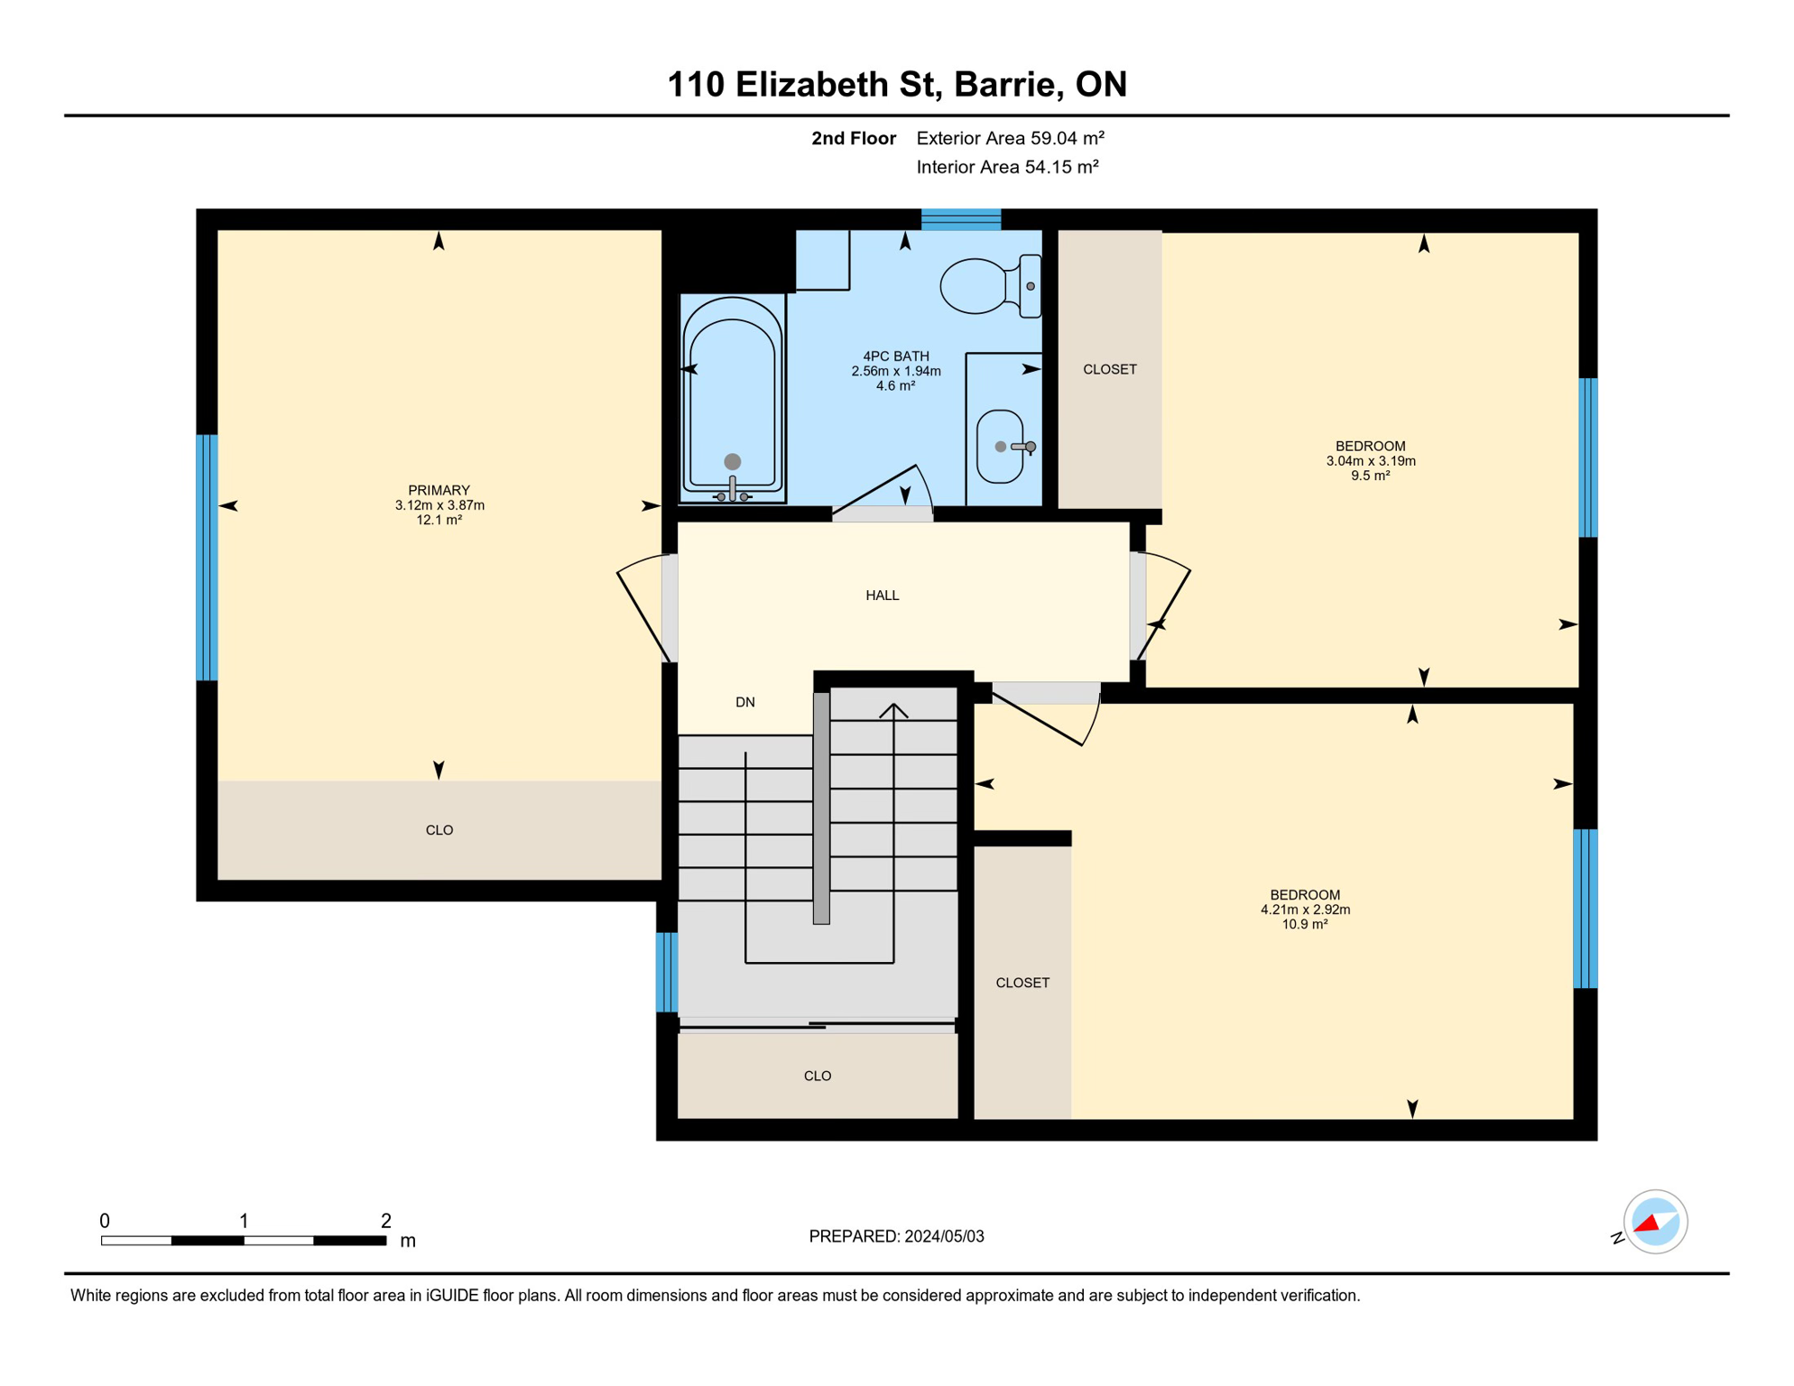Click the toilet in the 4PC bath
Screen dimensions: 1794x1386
click(990, 286)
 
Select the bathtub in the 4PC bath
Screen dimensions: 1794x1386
click(732, 399)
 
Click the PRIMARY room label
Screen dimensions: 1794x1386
click(439, 490)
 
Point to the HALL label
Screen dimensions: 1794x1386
click(882, 596)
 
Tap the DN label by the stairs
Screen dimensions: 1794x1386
click(744, 702)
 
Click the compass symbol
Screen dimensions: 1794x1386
click(1654, 1222)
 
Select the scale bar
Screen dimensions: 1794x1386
click(244, 1241)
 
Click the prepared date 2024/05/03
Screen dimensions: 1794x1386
click(944, 1236)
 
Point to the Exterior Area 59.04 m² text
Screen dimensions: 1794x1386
click(1010, 138)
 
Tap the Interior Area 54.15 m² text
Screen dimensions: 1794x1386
click(1007, 167)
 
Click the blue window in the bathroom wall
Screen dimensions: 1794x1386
click(960, 219)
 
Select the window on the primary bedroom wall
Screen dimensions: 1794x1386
click(207, 558)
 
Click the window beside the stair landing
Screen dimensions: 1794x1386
click(666, 972)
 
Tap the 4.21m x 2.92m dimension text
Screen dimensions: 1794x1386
click(1305, 910)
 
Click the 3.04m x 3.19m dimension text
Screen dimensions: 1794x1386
click(1370, 461)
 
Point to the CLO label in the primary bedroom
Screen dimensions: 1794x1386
click(439, 830)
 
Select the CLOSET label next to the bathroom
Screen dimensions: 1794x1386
click(1109, 369)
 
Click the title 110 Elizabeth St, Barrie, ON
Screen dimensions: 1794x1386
click(897, 84)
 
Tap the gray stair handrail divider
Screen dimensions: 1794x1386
click(821, 808)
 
